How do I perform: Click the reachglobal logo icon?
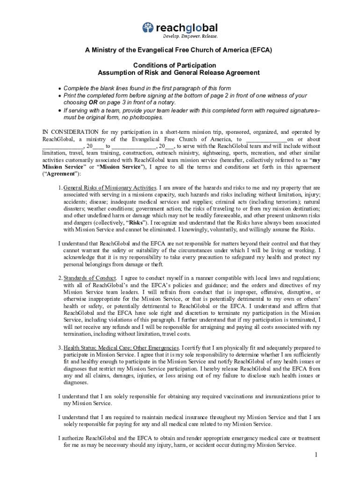point(148,28)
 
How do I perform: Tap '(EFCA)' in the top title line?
point(260,50)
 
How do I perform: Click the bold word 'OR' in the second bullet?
point(94,102)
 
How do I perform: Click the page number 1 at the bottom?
point(316,455)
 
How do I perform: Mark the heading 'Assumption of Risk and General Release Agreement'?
point(178,73)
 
